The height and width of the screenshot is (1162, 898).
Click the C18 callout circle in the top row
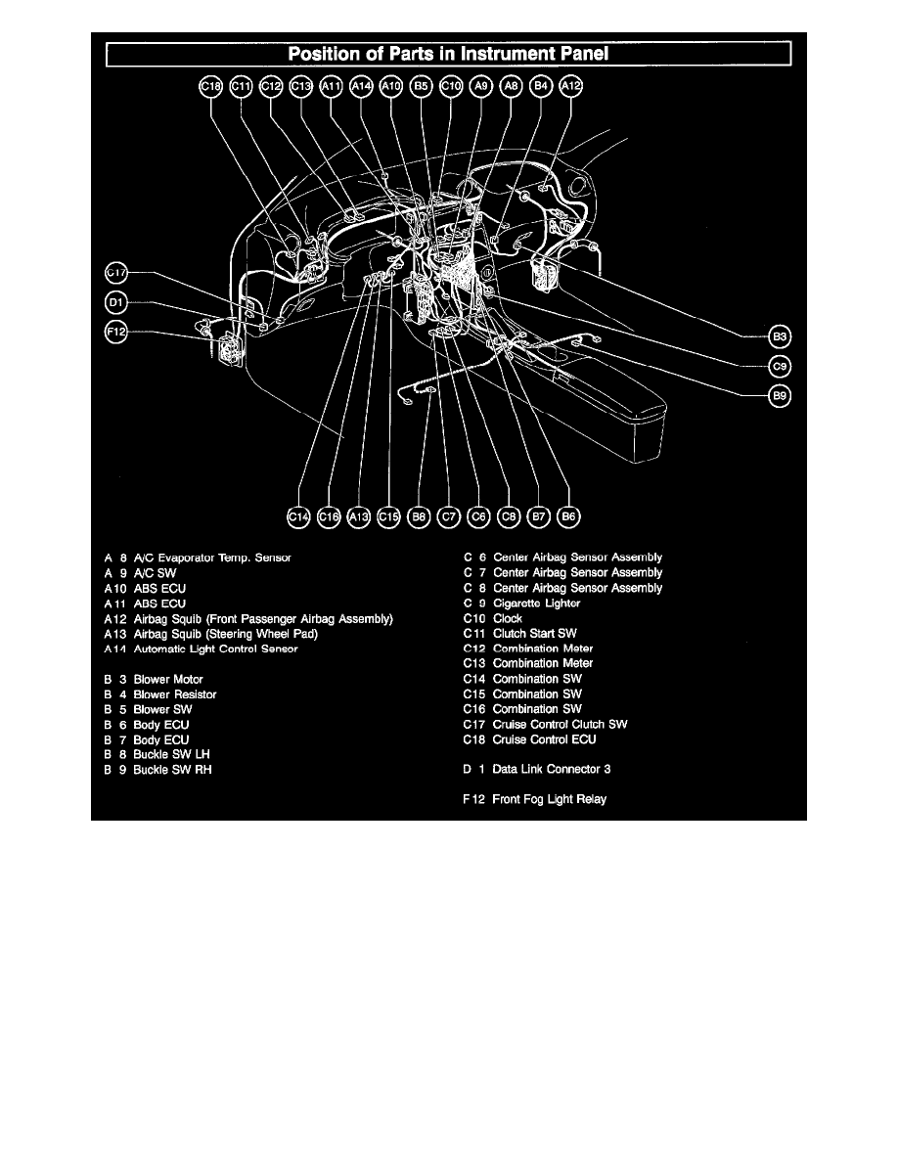pos(210,87)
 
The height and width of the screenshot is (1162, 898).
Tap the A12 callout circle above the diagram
pos(570,87)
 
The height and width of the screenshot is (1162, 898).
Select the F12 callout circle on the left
pos(116,333)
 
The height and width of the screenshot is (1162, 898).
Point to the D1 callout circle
pos(116,302)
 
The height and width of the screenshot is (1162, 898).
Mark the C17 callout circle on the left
pos(116,272)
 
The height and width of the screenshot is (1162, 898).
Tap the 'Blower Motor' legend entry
pos(168,679)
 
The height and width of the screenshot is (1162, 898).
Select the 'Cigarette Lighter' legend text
pos(536,603)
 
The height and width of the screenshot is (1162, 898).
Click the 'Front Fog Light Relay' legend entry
pos(549,799)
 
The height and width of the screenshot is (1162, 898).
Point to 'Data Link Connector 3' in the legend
pos(552,769)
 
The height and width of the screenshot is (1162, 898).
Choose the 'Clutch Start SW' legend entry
pos(534,634)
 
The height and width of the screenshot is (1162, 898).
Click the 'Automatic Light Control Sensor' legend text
pos(215,648)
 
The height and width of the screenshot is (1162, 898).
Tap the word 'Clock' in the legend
pos(508,618)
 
